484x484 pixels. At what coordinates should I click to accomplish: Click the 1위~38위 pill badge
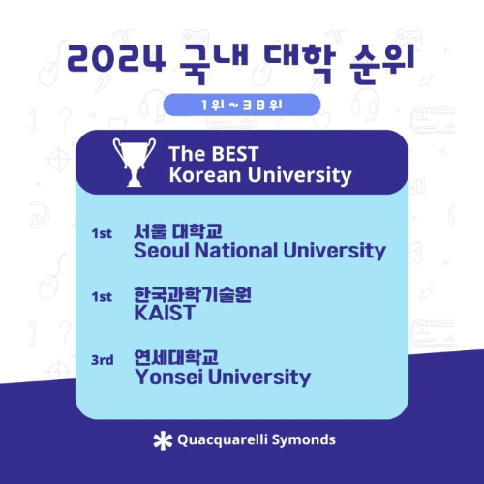[x=242, y=105]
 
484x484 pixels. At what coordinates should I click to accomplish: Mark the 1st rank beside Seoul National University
[x=102, y=234]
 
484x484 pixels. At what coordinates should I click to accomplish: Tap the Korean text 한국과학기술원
[x=193, y=295]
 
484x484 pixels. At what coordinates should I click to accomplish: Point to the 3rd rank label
[x=102, y=360]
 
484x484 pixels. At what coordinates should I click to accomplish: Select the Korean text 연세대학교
[x=176, y=357]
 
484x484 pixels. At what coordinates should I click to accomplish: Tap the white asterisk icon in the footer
[x=162, y=440]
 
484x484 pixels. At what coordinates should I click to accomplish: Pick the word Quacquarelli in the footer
[x=222, y=440]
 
